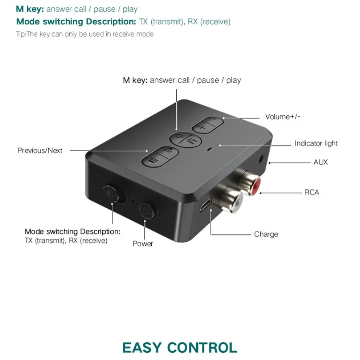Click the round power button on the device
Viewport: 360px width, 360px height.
[x=146, y=211]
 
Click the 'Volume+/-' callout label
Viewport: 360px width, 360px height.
[x=283, y=117]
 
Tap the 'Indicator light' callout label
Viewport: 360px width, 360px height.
[x=316, y=143]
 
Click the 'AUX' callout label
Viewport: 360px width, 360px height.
[x=320, y=162]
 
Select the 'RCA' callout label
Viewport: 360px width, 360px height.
[x=312, y=192]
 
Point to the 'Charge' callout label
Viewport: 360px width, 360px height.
[x=266, y=234]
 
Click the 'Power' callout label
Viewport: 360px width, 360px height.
[x=143, y=243]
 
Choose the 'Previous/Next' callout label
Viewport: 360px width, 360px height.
[x=40, y=150]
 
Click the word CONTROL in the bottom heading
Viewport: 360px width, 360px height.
[x=203, y=348]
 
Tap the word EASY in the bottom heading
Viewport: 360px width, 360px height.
[x=142, y=348]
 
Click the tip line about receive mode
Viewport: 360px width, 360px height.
[x=85, y=34]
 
